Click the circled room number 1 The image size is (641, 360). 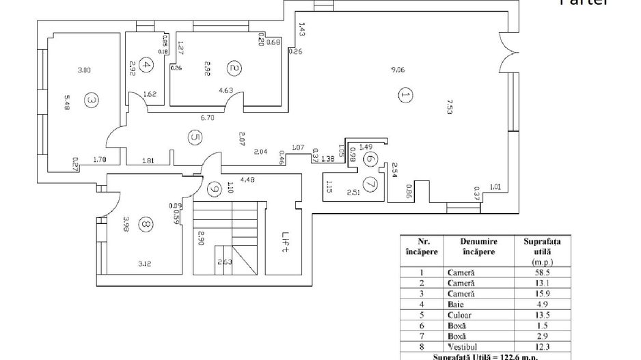406,95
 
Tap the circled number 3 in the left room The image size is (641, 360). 92,100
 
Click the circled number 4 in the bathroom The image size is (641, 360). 145,66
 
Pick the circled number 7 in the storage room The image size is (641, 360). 371,183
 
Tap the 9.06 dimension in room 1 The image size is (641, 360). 396,69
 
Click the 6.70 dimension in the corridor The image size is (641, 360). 208,117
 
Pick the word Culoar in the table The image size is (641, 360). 460,316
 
